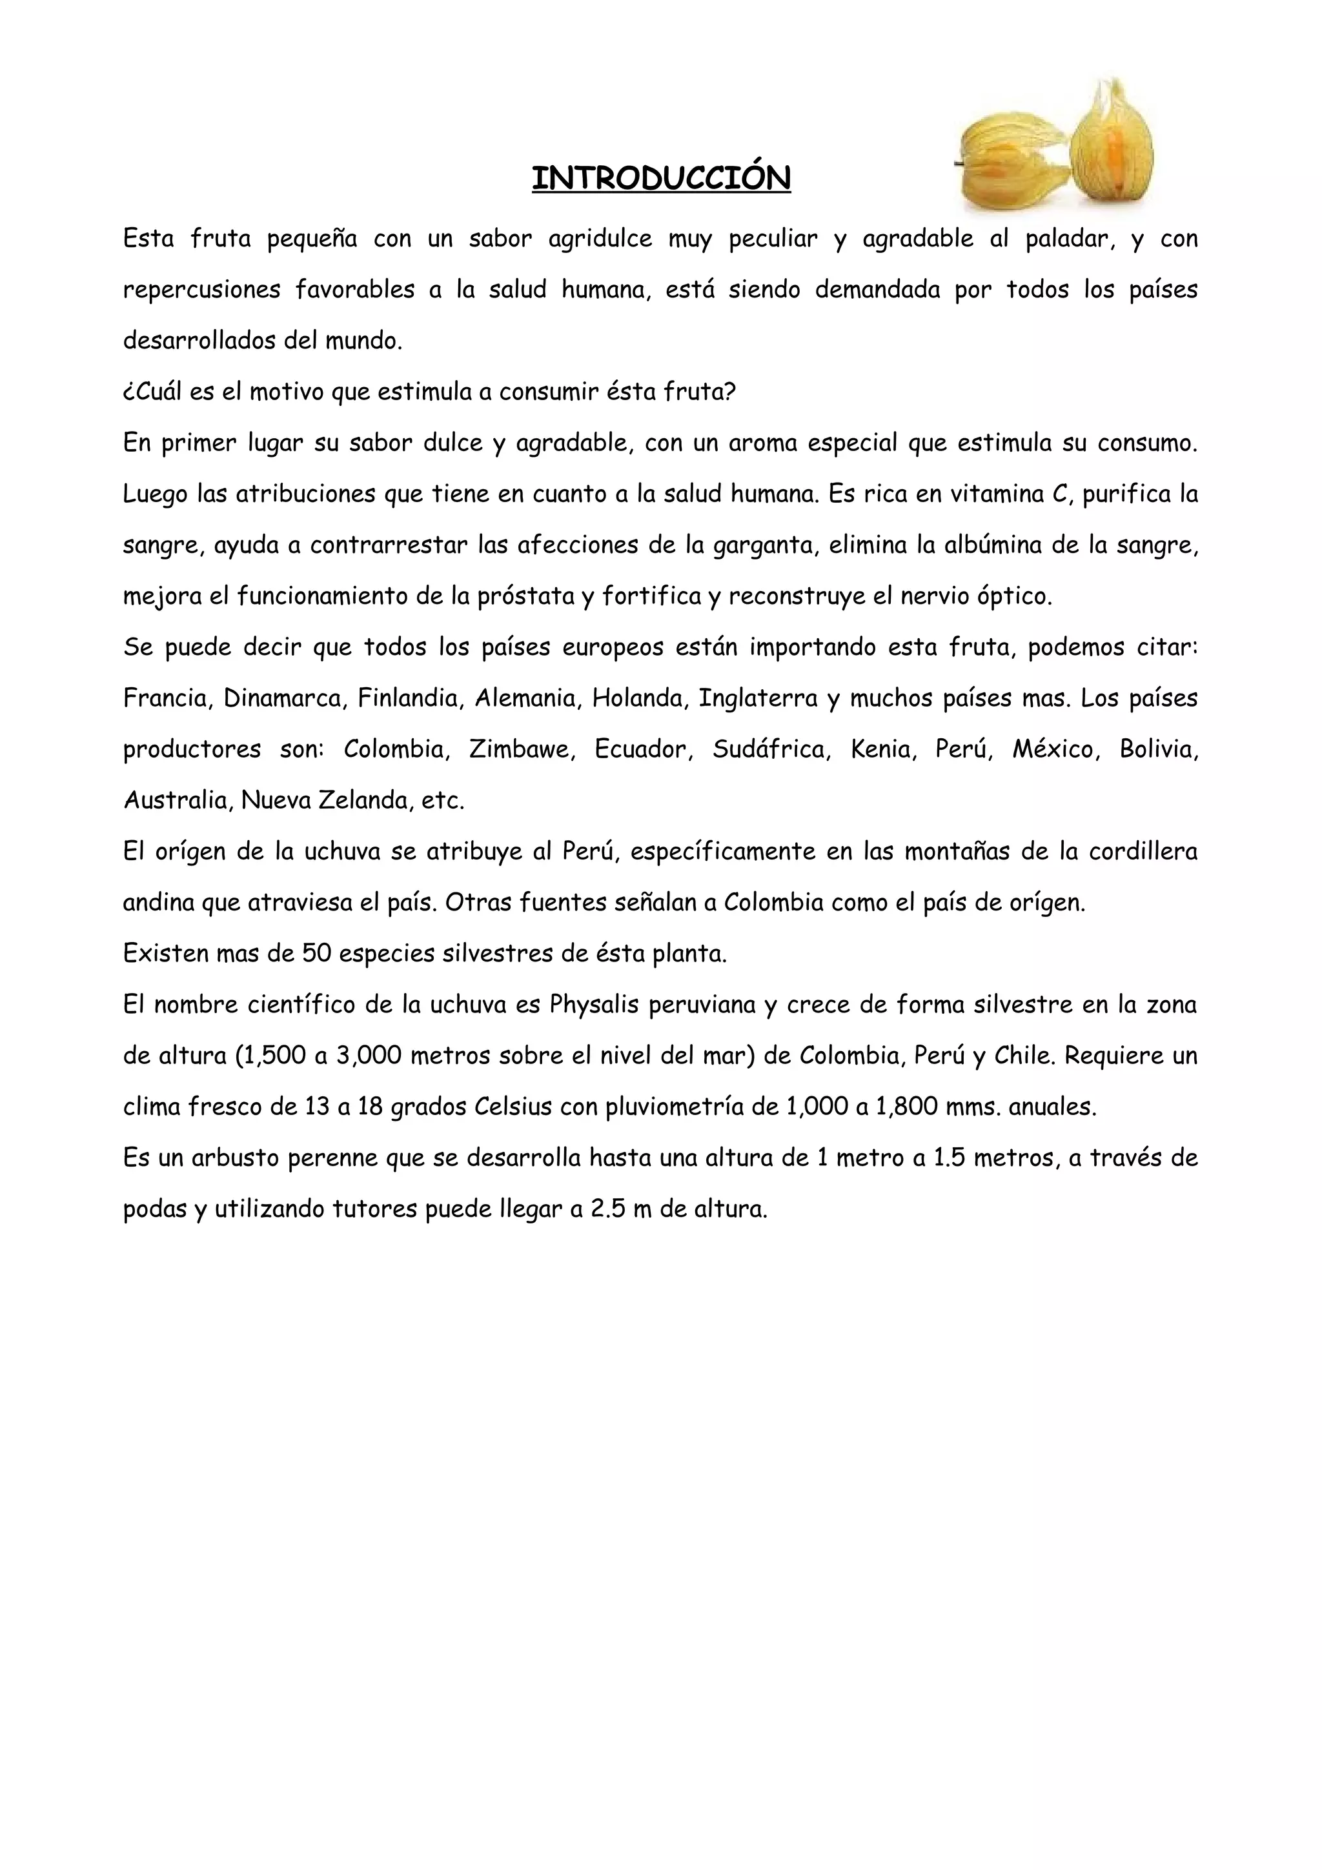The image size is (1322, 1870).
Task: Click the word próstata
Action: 526,596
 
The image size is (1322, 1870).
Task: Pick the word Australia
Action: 175,801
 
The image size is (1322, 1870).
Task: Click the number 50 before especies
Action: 316,954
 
